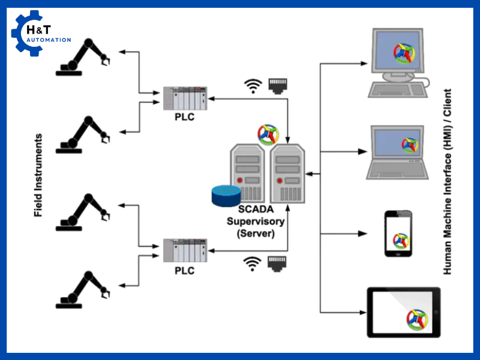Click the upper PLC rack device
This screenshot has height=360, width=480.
pos(185,98)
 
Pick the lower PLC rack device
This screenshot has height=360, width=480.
pos(185,250)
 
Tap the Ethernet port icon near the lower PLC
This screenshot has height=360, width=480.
pos(277,263)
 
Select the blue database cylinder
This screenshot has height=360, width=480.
pos(226,194)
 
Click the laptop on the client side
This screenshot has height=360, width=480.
pos(399,153)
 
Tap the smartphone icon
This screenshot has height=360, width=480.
pos(399,233)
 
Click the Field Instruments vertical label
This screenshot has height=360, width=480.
pos(38,175)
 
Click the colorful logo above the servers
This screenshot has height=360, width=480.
pos(268,134)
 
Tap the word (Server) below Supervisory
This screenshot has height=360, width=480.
pos(256,233)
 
